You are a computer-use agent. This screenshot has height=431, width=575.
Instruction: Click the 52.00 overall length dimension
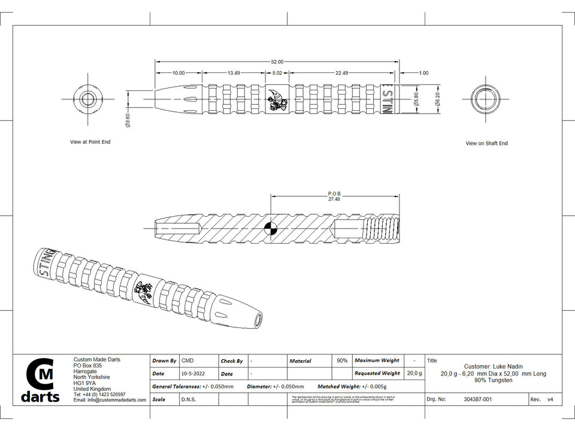point(277,62)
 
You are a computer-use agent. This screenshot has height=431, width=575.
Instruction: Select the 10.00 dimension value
point(178,73)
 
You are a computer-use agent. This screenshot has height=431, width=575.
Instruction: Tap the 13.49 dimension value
point(234,73)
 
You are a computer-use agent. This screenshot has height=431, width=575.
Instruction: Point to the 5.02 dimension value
point(277,73)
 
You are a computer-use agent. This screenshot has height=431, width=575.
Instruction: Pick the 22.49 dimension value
point(341,73)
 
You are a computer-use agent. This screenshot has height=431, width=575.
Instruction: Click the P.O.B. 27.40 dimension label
point(334,196)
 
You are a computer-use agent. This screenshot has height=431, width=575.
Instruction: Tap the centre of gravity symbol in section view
point(271,227)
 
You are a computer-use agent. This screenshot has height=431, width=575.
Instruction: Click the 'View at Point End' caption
point(90,142)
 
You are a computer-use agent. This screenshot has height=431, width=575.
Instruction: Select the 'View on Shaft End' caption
point(486,144)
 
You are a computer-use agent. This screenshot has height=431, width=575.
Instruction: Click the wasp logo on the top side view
point(277,100)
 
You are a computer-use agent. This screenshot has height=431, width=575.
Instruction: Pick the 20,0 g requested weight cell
point(413,374)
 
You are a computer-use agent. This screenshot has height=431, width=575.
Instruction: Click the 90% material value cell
point(342,361)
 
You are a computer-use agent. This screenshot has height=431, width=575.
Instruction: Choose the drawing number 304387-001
point(477,399)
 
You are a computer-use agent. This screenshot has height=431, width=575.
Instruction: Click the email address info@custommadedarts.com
point(110,400)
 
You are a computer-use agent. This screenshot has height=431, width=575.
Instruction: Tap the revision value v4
point(550,399)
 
